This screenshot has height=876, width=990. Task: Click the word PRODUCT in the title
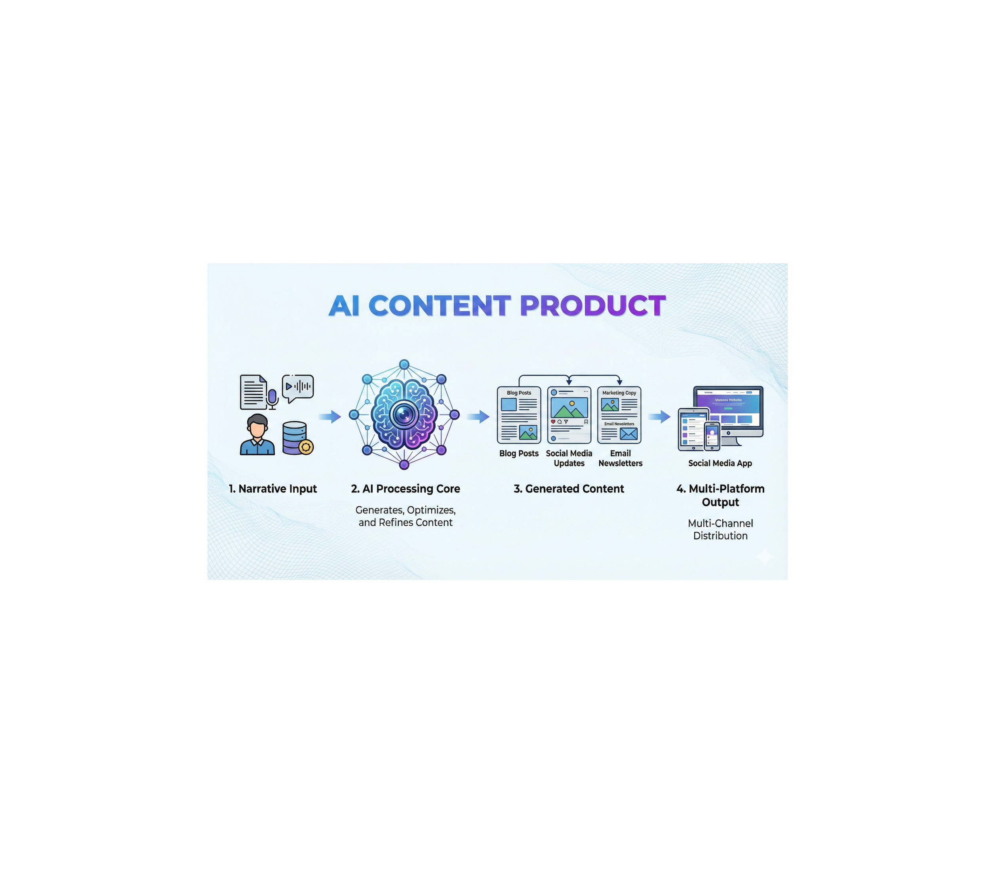[x=592, y=306]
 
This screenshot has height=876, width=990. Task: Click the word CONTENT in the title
[x=440, y=306]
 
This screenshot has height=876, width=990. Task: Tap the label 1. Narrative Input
[x=273, y=488]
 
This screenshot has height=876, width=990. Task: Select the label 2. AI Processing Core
[x=406, y=488]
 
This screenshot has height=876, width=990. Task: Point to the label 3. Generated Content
[x=569, y=488]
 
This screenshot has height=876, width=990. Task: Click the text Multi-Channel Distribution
[x=720, y=529]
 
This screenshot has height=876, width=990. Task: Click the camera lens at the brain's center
[x=404, y=414]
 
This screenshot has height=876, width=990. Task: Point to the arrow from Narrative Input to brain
[x=330, y=416]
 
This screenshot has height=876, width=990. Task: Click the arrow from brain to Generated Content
[x=478, y=416]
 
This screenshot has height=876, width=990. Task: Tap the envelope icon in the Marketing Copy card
[x=629, y=434]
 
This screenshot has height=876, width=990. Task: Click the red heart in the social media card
[x=554, y=422]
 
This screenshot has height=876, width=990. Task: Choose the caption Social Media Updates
[x=569, y=458]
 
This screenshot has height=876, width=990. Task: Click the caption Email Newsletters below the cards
[x=621, y=458]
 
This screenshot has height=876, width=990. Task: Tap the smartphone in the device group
[x=712, y=435]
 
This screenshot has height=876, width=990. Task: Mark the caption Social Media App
[x=720, y=463]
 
